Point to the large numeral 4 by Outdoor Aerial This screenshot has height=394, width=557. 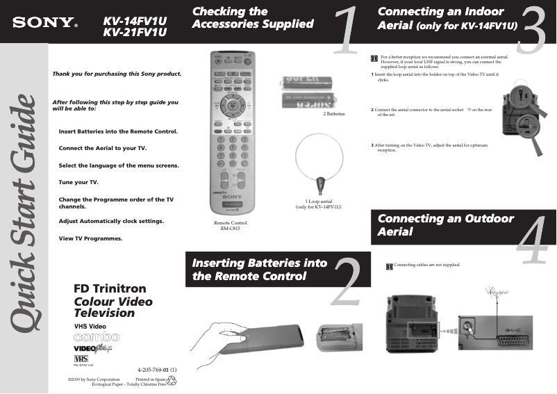pos(533,239)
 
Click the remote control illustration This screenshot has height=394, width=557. pos(228,132)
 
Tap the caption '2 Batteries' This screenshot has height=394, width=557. pos(334,114)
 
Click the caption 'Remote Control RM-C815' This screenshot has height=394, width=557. pos(230,225)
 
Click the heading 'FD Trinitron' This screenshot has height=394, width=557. pos(109,288)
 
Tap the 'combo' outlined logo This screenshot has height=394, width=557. pos(96,337)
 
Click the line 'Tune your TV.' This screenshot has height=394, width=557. pos(78,182)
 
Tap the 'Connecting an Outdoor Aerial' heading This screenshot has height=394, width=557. pos(446,224)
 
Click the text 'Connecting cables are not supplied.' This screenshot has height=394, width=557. pos(426,265)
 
